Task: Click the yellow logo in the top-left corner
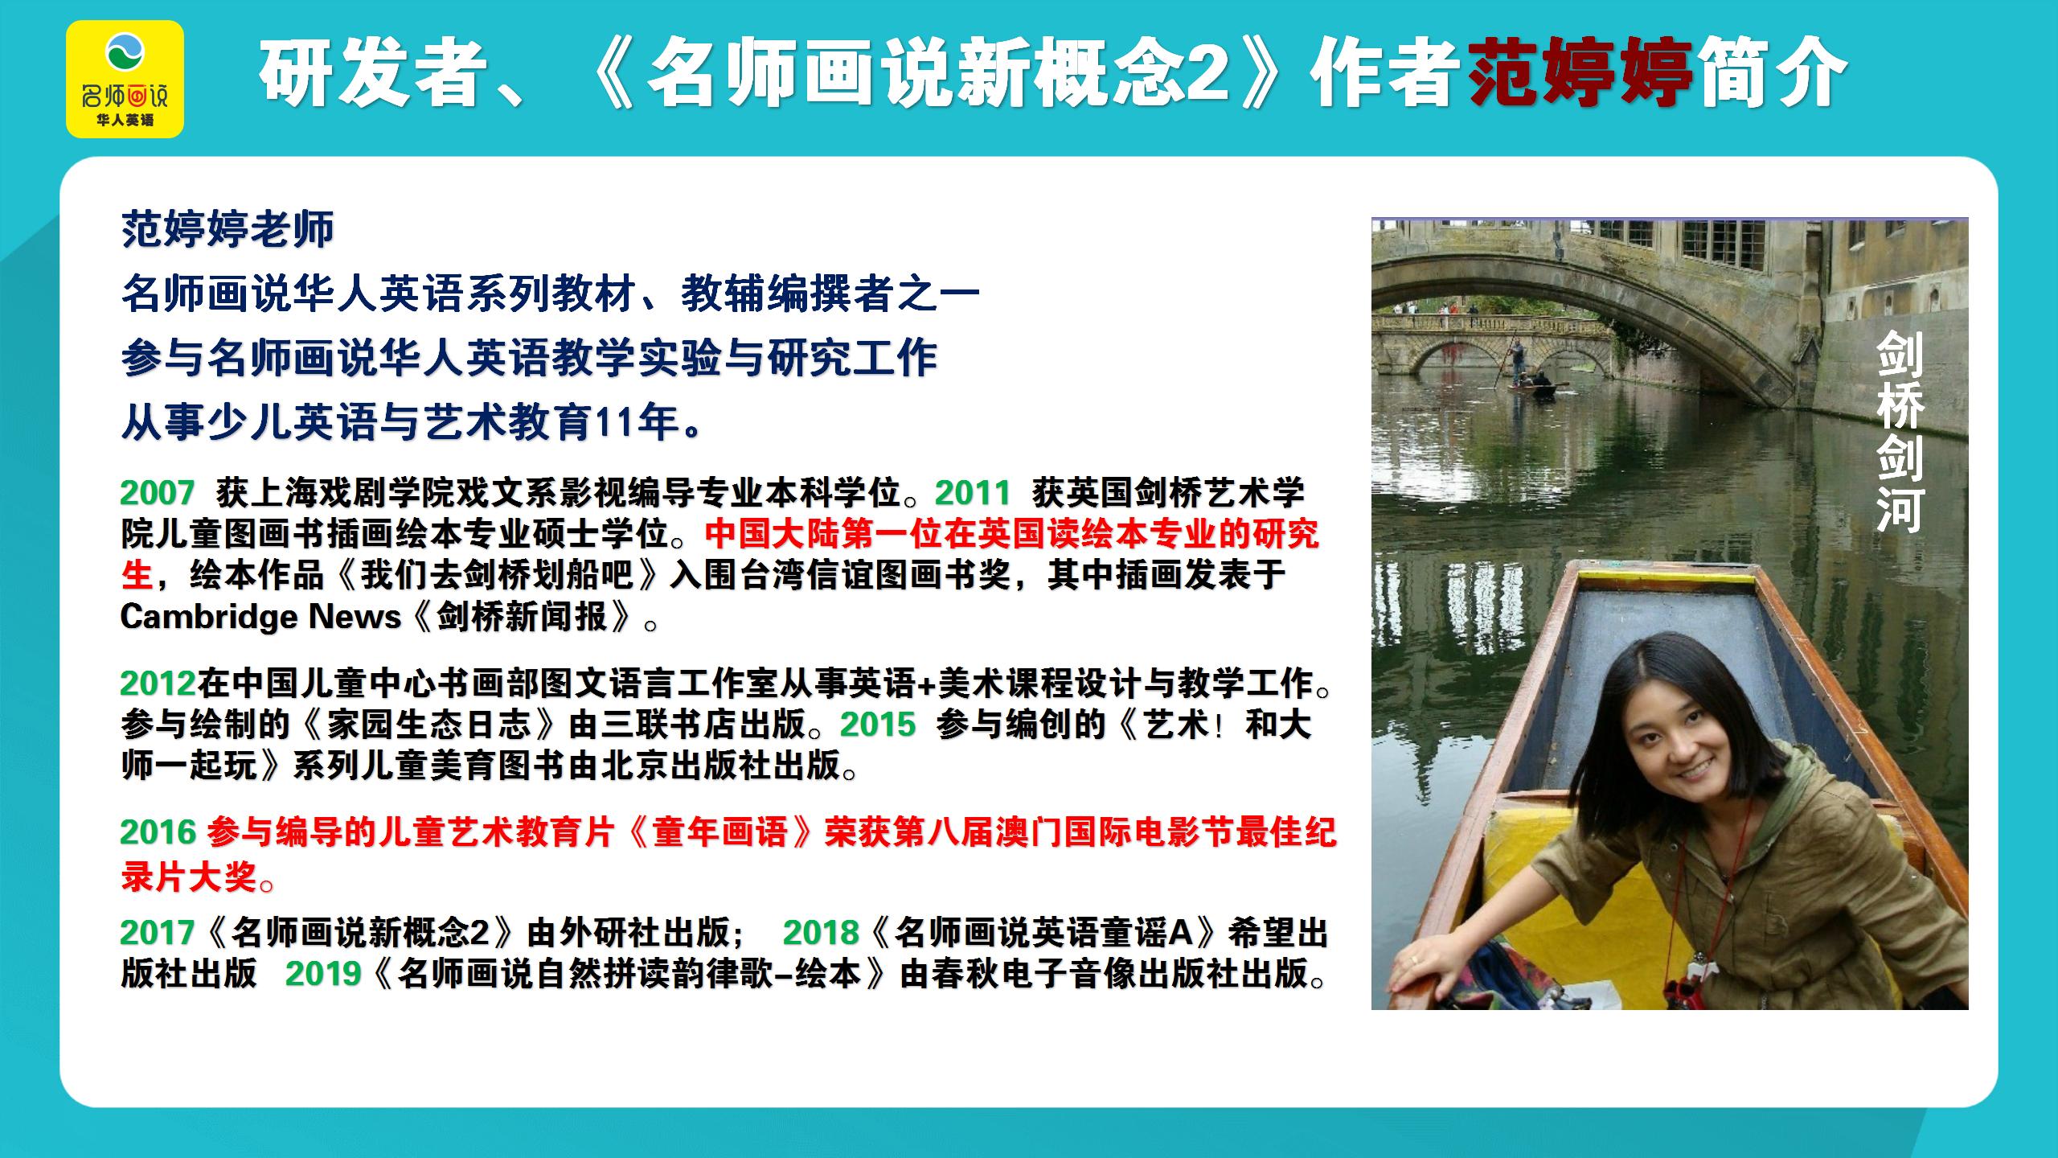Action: [x=125, y=79]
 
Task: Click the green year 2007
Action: [x=158, y=492]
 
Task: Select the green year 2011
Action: [x=973, y=492]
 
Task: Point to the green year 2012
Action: [x=158, y=683]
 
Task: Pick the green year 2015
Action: [x=878, y=725]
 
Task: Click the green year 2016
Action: [x=158, y=832]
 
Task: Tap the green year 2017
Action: [x=158, y=932]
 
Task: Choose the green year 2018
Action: [x=821, y=932]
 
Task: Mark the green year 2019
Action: [x=323, y=973]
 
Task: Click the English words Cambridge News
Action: [x=260, y=617]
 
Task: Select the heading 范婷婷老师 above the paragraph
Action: [x=228, y=230]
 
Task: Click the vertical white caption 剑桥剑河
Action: [x=1899, y=434]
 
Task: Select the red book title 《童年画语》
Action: [x=719, y=832]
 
